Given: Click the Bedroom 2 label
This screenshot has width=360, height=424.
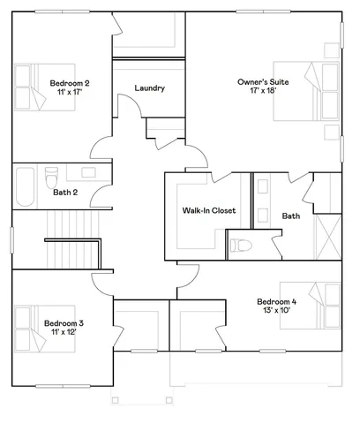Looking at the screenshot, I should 70,83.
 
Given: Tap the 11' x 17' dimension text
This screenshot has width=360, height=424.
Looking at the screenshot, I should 70,93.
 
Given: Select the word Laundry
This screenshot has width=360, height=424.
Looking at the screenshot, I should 149,88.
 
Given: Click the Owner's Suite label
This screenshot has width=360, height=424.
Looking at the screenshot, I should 258,82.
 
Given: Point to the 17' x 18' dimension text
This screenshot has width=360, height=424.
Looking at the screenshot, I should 258,92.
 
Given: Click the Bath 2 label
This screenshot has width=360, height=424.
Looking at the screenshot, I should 65,192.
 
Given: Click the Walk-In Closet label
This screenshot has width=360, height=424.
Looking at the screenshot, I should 209,211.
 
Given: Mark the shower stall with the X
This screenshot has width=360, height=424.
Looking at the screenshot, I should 327,239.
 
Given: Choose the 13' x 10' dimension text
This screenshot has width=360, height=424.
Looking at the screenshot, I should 277,310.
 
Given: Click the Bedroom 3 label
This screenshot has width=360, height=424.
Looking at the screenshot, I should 64,323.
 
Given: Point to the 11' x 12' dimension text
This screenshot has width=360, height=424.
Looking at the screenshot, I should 64,334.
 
